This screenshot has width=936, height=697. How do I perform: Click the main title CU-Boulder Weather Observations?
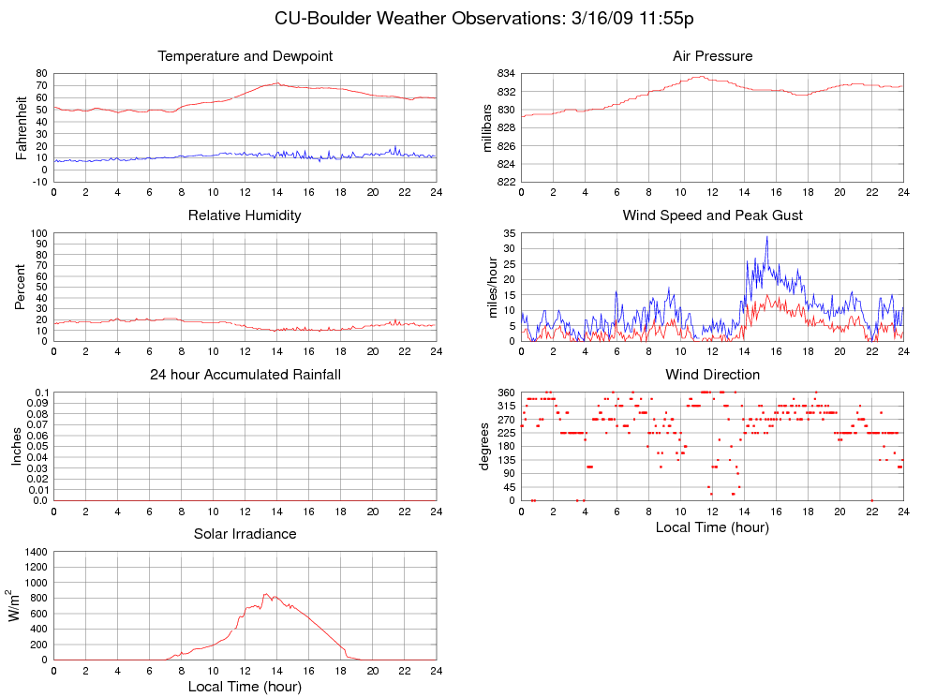[x=483, y=19]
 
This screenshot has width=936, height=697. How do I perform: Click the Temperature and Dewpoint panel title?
[x=245, y=56]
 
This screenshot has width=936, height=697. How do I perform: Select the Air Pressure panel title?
[x=712, y=56]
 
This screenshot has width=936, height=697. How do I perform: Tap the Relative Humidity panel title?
[x=245, y=215]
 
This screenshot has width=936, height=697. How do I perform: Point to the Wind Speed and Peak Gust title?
[x=712, y=215]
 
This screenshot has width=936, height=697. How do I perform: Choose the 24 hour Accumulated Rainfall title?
[x=245, y=375]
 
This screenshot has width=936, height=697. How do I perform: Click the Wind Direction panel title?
[x=712, y=375]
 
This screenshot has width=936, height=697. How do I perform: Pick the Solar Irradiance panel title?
[x=245, y=534]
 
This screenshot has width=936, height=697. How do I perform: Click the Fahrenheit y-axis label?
[x=22, y=127]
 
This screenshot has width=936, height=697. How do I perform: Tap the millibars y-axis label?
[x=487, y=127]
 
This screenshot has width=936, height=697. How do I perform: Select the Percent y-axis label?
[x=22, y=287]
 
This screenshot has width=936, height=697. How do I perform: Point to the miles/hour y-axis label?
[x=487, y=287]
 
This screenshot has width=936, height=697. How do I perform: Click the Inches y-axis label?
[x=16, y=447]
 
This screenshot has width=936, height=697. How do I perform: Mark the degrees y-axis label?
[x=484, y=447]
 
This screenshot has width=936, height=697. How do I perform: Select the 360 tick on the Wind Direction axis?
[x=504, y=393]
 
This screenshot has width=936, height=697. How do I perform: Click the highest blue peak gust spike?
[x=766, y=237]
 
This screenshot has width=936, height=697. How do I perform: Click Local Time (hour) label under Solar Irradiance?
[x=245, y=687]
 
